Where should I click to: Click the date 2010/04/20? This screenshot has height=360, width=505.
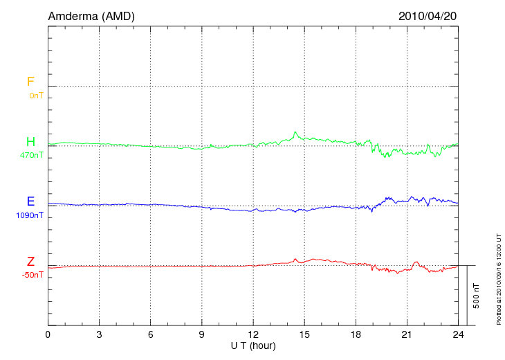pyautogui.click(x=428, y=15)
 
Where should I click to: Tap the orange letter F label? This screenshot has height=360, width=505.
pyautogui.click(x=30, y=82)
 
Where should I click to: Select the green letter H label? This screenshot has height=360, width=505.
pyautogui.click(x=30, y=142)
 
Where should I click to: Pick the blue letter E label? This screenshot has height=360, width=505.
pyautogui.click(x=30, y=201)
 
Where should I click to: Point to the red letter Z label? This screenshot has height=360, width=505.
pyautogui.click(x=30, y=262)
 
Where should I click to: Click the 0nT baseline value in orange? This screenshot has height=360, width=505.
pyautogui.click(x=35, y=95)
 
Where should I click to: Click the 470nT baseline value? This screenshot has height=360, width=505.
pyautogui.click(x=32, y=155)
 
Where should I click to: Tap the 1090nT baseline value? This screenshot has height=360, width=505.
pyautogui.click(x=30, y=215)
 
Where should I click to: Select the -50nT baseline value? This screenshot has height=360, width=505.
pyautogui.click(x=32, y=275)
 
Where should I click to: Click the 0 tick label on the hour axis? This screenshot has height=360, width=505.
pyautogui.click(x=48, y=334)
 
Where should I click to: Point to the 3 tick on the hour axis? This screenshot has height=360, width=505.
pyautogui.click(x=99, y=334)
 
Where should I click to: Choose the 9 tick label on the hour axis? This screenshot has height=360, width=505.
pyautogui.click(x=202, y=334)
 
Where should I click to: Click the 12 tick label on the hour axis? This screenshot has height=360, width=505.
pyautogui.click(x=253, y=334)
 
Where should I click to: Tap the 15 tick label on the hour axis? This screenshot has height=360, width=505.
pyautogui.click(x=304, y=334)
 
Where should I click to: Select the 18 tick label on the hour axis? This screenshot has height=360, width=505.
pyautogui.click(x=356, y=334)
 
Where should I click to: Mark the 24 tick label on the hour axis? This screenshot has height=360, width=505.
pyautogui.click(x=458, y=334)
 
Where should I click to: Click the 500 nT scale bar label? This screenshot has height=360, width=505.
pyautogui.click(x=477, y=296)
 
